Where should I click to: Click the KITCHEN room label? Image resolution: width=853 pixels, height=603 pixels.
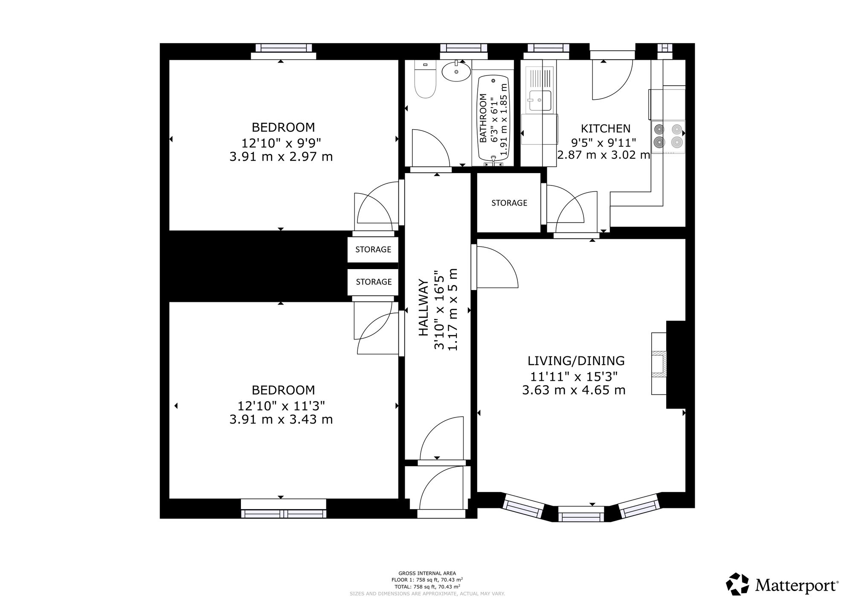click(606, 128)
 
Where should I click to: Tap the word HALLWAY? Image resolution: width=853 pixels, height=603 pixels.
click(423, 307)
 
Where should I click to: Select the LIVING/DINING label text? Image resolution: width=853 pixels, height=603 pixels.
click(576, 361)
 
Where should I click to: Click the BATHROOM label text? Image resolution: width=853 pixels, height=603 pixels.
click(483, 118)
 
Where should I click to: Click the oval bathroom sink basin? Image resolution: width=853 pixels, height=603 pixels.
click(456, 71)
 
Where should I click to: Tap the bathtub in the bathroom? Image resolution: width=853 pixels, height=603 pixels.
click(493, 121)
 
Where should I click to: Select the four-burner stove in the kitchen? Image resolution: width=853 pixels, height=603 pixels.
click(668, 137)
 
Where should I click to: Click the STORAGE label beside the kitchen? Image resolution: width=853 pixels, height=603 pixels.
click(509, 203)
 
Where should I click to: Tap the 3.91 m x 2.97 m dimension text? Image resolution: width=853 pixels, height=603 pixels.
click(281, 157)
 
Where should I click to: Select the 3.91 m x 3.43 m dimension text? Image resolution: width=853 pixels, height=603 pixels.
click(281, 420)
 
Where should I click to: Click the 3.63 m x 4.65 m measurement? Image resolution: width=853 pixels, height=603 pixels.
click(574, 390)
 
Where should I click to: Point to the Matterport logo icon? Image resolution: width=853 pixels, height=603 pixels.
click(738, 584)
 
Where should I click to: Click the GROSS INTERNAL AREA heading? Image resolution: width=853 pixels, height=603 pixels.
click(427, 573)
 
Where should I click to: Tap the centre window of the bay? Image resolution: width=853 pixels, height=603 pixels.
click(581, 514)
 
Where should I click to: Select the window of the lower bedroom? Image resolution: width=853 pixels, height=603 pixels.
click(284, 509)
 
